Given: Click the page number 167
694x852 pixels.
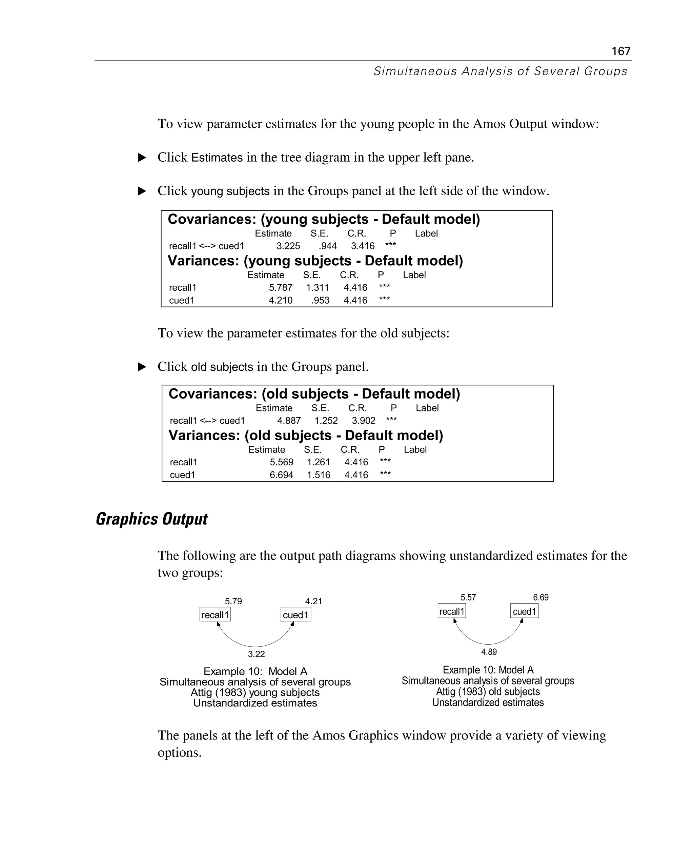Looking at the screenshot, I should click(620, 51).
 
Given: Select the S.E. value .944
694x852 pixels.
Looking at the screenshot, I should click(327, 246).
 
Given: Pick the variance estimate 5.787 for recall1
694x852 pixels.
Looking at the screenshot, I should click(280, 287).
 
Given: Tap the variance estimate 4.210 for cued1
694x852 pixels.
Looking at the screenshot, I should click(280, 300).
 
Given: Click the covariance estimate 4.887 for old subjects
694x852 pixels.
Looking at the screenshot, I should click(289, 421).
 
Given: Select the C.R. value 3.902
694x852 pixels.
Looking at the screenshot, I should click(363, 421).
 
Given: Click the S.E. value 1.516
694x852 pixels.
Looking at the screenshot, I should click(318, 475).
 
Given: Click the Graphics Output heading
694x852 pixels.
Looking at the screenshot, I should click(151, 519).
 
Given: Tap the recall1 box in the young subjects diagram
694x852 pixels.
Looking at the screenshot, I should click(215, 615).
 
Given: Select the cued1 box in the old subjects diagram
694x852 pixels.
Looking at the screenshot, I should click(524, 611).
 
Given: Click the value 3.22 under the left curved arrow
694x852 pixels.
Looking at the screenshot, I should click(256, 654).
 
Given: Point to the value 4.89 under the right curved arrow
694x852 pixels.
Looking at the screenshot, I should click(489, 652).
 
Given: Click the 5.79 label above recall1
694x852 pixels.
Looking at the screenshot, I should click(233, 601).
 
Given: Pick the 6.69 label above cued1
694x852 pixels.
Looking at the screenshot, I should click(540, 597).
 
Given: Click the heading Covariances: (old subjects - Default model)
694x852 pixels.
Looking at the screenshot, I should click(314, 394).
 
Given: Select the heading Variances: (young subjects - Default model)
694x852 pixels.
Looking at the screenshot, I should click(315, 261).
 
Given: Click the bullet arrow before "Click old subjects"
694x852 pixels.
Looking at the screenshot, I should click(142, 367).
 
